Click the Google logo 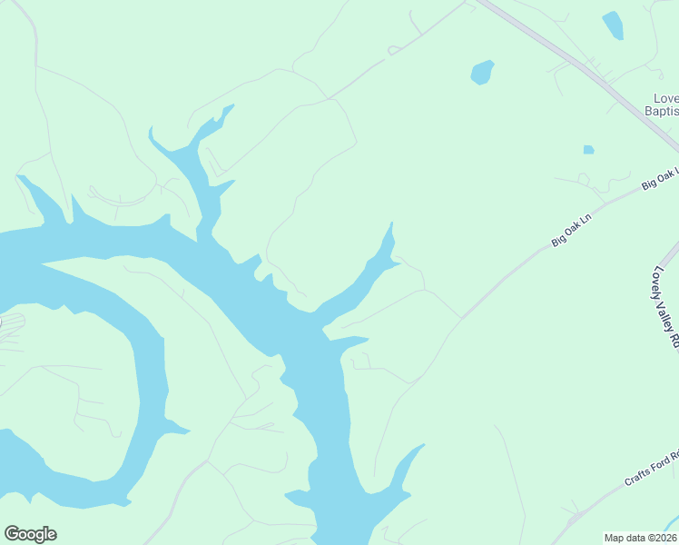pyautogui.click(x=30, y=534)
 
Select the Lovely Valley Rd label pyautogui.click(x=665, y=308)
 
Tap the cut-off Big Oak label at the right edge pyautogui.click(x=660, y=178)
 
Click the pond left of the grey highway pyautogui.click(x=482, y=72)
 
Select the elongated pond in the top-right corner pyautogui.click(x=614, y=25)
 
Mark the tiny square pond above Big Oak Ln pyautogui.click(x=588, y=149)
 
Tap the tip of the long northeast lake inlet pyautogui.click(x=391, y=224)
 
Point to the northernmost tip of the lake pyautogui.click(x=231, y=106)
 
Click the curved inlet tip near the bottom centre pyautogui.click(x=421, y=446)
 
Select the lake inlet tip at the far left pyautogui.click(x=20, y=177)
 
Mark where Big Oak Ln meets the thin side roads pyautogui.click(x=461, y=318)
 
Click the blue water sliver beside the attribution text pyautogui.click(x=673, y=524)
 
